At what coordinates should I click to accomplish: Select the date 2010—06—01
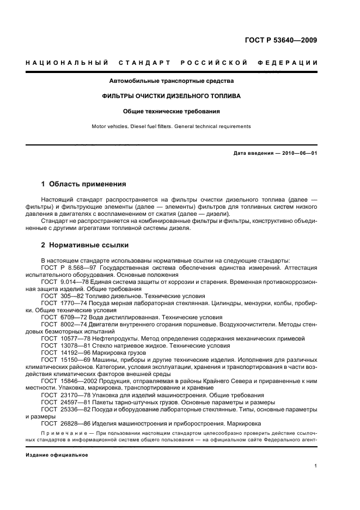click(x=299, y=153)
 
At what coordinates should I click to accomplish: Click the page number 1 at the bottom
click(x=316, y=465)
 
